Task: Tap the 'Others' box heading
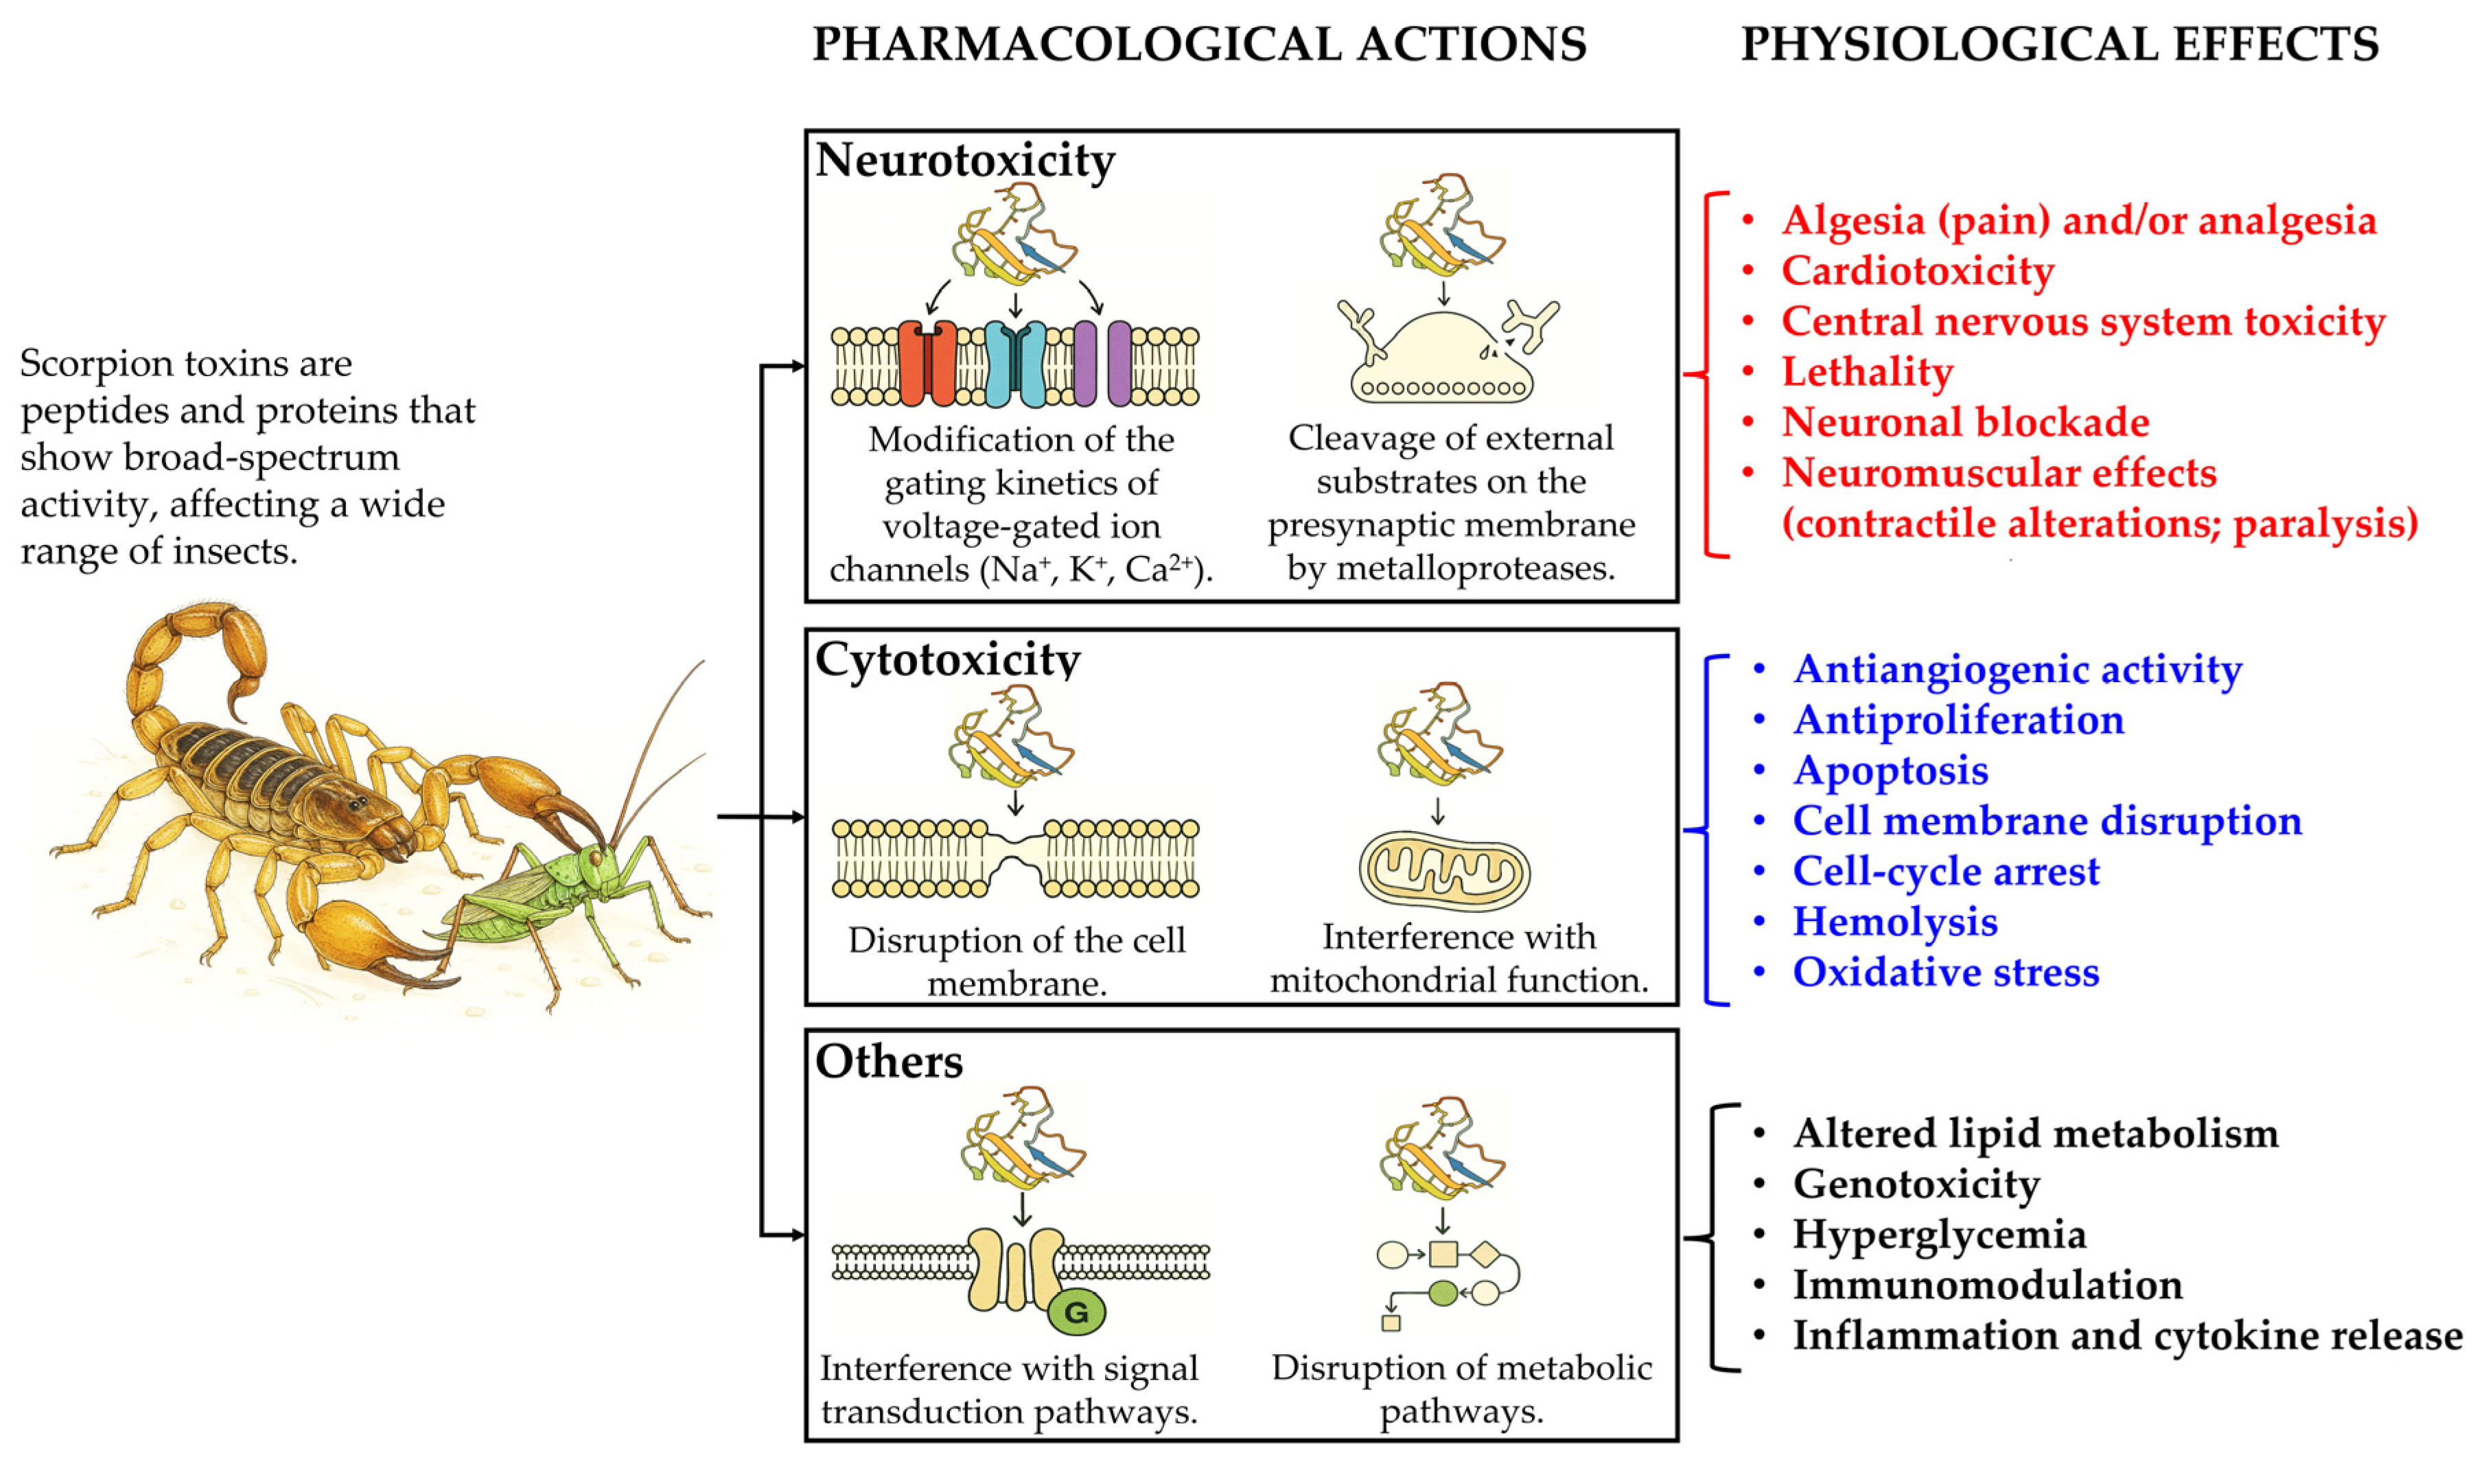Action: point(888,1062)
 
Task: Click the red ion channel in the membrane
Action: point(927,363)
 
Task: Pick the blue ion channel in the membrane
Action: point(1015,363)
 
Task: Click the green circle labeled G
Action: point(1076,1312)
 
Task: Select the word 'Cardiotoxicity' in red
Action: point(1917,271)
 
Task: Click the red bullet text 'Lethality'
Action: point(1867,372)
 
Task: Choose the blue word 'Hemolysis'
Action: point(1894,922)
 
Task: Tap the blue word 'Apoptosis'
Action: point(1890,771)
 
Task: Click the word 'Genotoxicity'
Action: point(1916,1184)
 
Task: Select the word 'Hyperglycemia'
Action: point(1939,1235)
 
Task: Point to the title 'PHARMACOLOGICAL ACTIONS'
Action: point(1199,45)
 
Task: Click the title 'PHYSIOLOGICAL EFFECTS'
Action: point(2060,45)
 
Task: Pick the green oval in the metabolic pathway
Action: point(1443,1292)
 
